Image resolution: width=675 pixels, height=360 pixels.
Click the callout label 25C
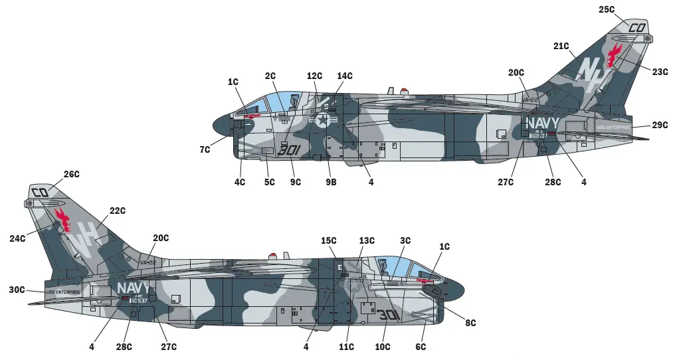coord(606,10)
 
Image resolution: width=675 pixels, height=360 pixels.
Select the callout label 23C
coord(660,72)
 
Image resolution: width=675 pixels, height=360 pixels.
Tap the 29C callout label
coord(660,125)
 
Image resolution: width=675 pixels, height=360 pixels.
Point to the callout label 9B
coord(331,182)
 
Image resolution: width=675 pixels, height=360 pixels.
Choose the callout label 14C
coord(344,76)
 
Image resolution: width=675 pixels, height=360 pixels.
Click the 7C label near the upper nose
coord(205,150)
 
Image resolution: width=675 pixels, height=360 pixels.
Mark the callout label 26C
coord(71,175)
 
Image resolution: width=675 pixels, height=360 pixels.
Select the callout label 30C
coord(17,290)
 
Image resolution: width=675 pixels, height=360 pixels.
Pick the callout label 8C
coord(470,323)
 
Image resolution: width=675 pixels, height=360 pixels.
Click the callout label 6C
coord(421,347)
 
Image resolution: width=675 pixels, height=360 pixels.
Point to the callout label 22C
coord(117,211)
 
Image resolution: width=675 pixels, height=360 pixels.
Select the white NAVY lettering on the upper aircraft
coord(543,124)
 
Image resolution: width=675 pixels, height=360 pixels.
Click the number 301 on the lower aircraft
coord(389,315)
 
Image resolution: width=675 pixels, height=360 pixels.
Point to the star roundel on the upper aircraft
coord(322,120)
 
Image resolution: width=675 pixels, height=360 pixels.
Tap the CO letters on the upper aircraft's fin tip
coord(636,28)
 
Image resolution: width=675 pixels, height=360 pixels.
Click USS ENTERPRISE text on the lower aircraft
coord(63,292)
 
